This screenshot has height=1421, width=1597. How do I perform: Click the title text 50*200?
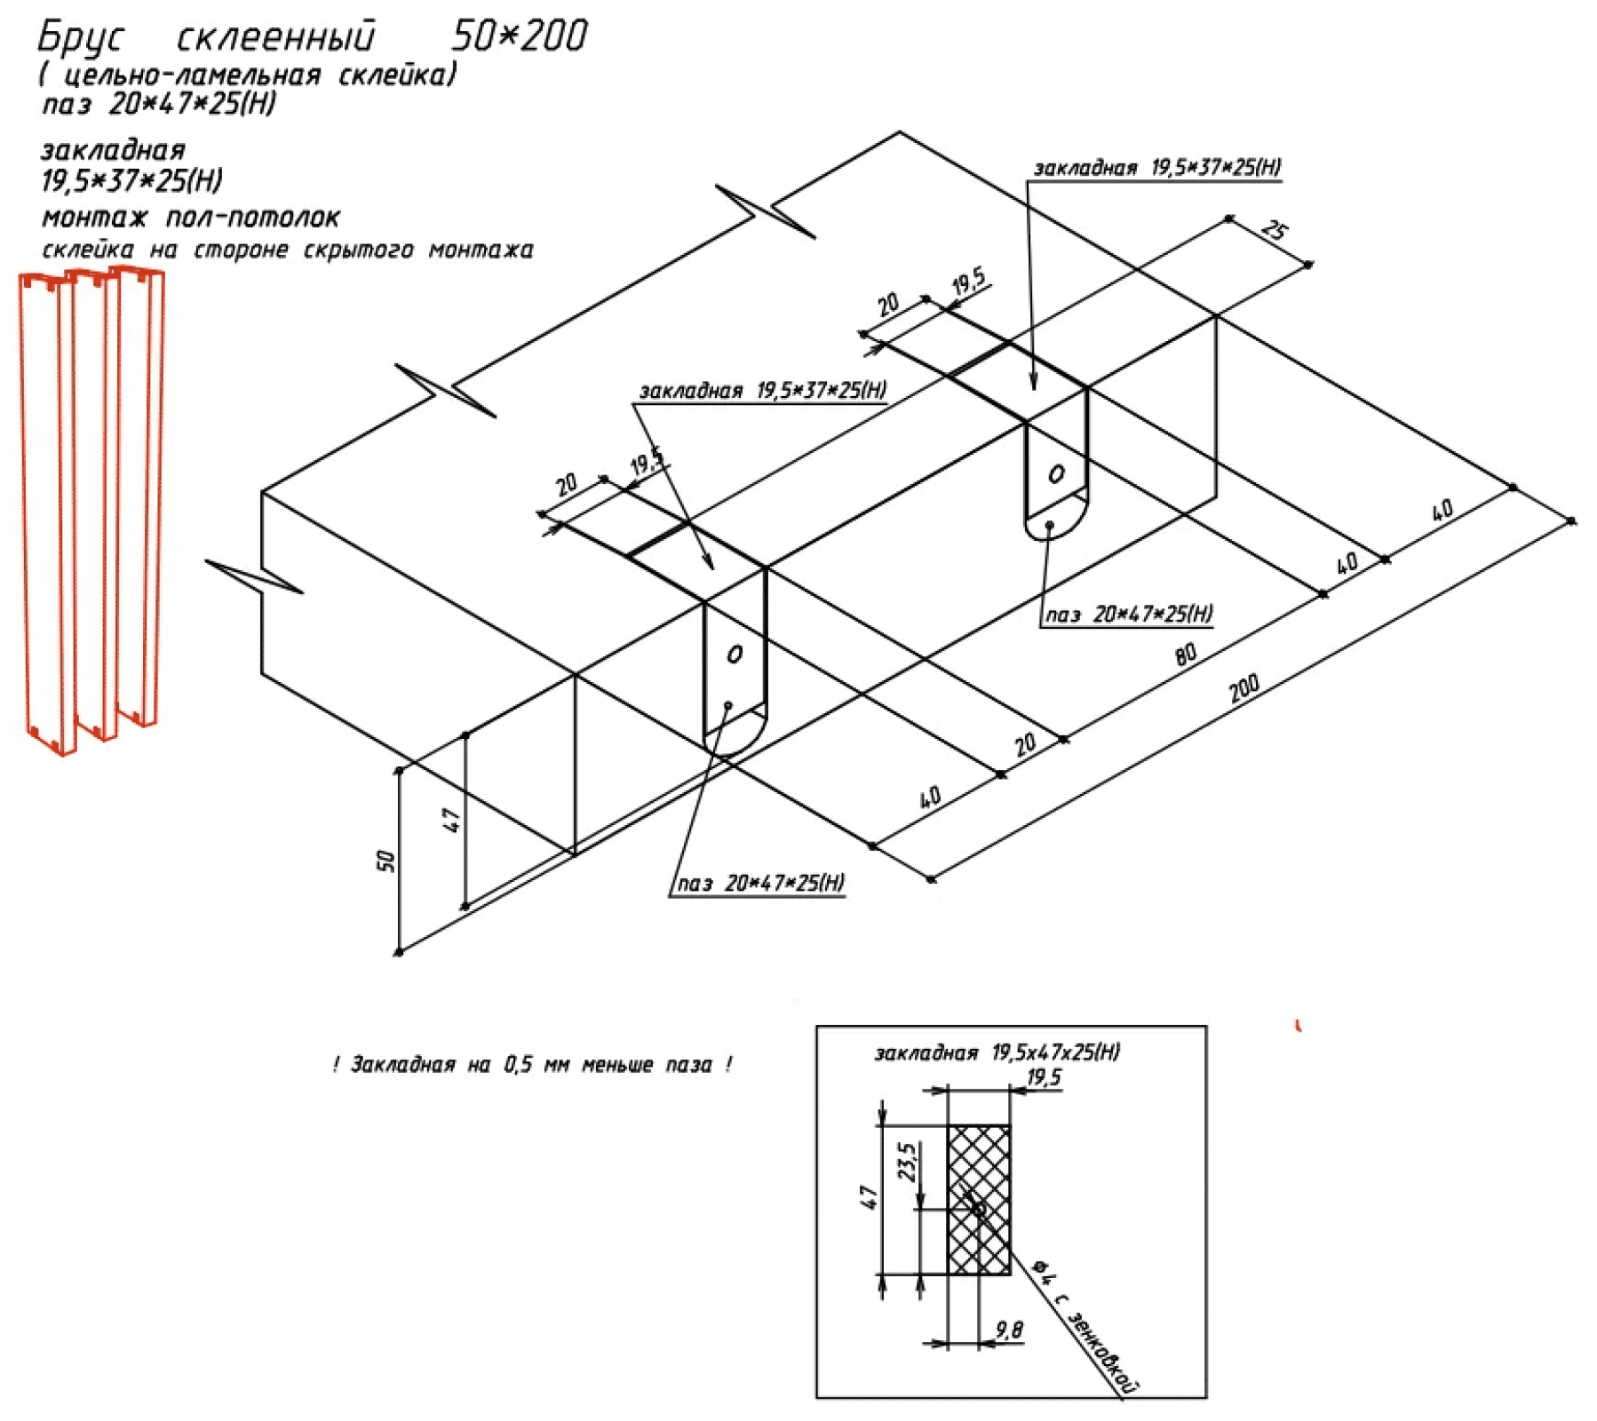[520, 36]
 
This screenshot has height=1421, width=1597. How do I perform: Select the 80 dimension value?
[1186, 655]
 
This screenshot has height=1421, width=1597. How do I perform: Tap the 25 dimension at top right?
[1274, 231]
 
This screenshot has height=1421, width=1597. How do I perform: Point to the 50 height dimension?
[386, 861]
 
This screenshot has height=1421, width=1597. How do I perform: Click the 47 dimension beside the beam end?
[451, 819]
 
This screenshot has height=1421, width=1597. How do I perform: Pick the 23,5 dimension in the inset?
[908, 1161]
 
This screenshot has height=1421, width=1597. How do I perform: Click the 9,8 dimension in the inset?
[1009, 1330]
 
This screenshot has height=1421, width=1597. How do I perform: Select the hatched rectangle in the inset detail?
[979, 1200]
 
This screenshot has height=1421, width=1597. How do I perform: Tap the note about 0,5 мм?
[532, 1064]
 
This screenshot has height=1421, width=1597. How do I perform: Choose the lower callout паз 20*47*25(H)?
[761, 883]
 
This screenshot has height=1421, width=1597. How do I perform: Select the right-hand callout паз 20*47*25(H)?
[1129, 614]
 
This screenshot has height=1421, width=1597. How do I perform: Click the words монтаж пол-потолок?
[191, 218]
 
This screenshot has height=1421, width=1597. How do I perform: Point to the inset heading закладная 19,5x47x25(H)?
[997, 1052]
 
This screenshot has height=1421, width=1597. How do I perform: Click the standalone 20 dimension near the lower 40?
[1026, 743]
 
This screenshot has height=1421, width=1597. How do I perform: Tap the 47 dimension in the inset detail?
[870, 1198]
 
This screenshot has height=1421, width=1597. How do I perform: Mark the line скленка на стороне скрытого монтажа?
[288, 250]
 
